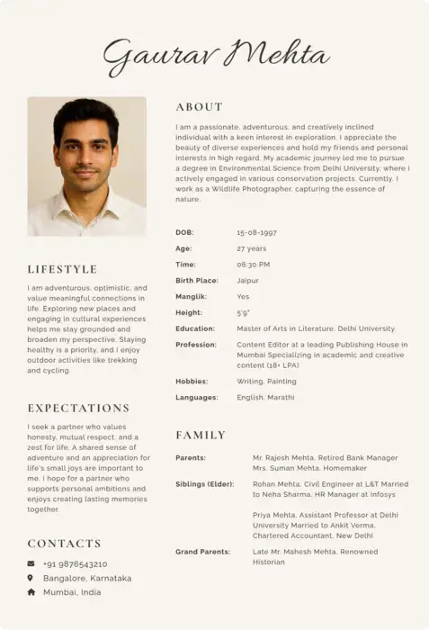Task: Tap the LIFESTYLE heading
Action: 62,269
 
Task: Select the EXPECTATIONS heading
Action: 78,408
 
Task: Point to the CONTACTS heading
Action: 64,544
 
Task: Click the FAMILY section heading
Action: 201,435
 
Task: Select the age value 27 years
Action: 251,248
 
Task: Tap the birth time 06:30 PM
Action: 253,265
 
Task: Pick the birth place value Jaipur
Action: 247,281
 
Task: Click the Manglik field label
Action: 191,297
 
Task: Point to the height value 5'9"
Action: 243,313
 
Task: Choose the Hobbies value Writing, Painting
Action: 266,382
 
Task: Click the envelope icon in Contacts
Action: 31,563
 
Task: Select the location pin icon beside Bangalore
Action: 31,578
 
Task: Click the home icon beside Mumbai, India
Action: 31,592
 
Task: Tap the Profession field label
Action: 196,345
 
